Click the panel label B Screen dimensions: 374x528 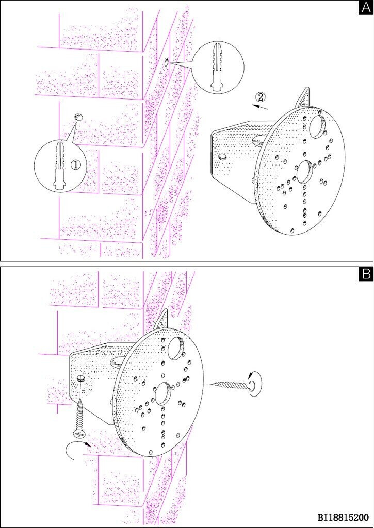pyautogui.click(x=365, y=274)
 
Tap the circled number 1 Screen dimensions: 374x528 pyautogui.click(x=77, y=164)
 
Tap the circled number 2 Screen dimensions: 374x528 pyautogui.click(x=260, y=97)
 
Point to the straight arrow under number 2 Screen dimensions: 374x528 pyautogui.click(x=261, y=107)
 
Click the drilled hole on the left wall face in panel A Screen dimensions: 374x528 pyautogui.click(x=78, y=117)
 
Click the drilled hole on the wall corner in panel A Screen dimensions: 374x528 pyautogui.click(x=167, y=62)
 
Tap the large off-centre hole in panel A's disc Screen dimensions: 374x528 pyautogui.click(x=317, y=127)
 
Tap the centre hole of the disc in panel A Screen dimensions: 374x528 pyautogui.click(x=304, y=171)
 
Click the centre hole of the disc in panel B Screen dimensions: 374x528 pyautogui.click(x=162, y=393)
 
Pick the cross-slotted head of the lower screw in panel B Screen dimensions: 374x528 pyautogui.click(x=78, y=433)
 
